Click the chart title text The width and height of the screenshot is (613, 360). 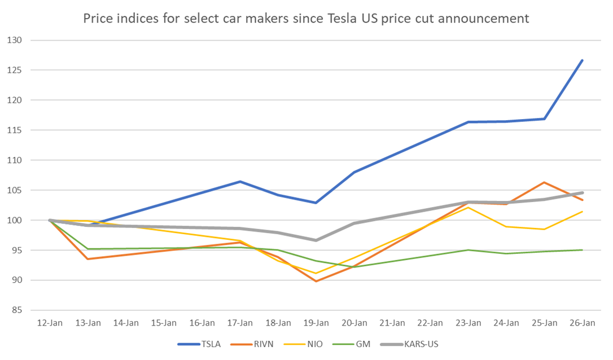306,19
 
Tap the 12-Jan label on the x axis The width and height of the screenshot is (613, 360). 50,323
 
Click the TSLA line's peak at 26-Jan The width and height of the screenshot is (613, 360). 583,60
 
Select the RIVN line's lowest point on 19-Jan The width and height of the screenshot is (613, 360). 316,281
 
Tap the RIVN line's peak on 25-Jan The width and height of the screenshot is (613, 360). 544,182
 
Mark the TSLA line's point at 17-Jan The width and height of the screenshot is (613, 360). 240,182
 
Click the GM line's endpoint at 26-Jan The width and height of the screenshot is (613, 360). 583,250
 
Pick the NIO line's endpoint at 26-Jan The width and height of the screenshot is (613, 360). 583,212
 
